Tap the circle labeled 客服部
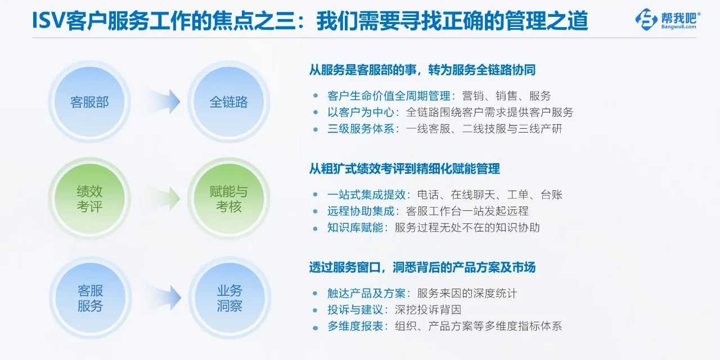coord(89,102)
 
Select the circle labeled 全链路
coord(229,102)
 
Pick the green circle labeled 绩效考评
coord(89,199)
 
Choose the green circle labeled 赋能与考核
coord(229,199)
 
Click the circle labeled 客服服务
coord(90,298)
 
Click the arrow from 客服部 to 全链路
coord(163,102)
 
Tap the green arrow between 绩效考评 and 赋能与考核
coord(163,199)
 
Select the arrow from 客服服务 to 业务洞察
coord(164,298)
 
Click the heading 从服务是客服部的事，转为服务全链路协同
coord(422,70)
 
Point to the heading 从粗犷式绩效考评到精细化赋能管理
coord(404,169)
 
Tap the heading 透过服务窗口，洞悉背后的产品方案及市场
coord(422,268)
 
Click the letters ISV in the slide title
coord(48,21)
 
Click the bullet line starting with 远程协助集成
coord(427,211)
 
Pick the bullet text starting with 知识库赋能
coord(433,228)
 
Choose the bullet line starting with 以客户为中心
coord(450,112)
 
